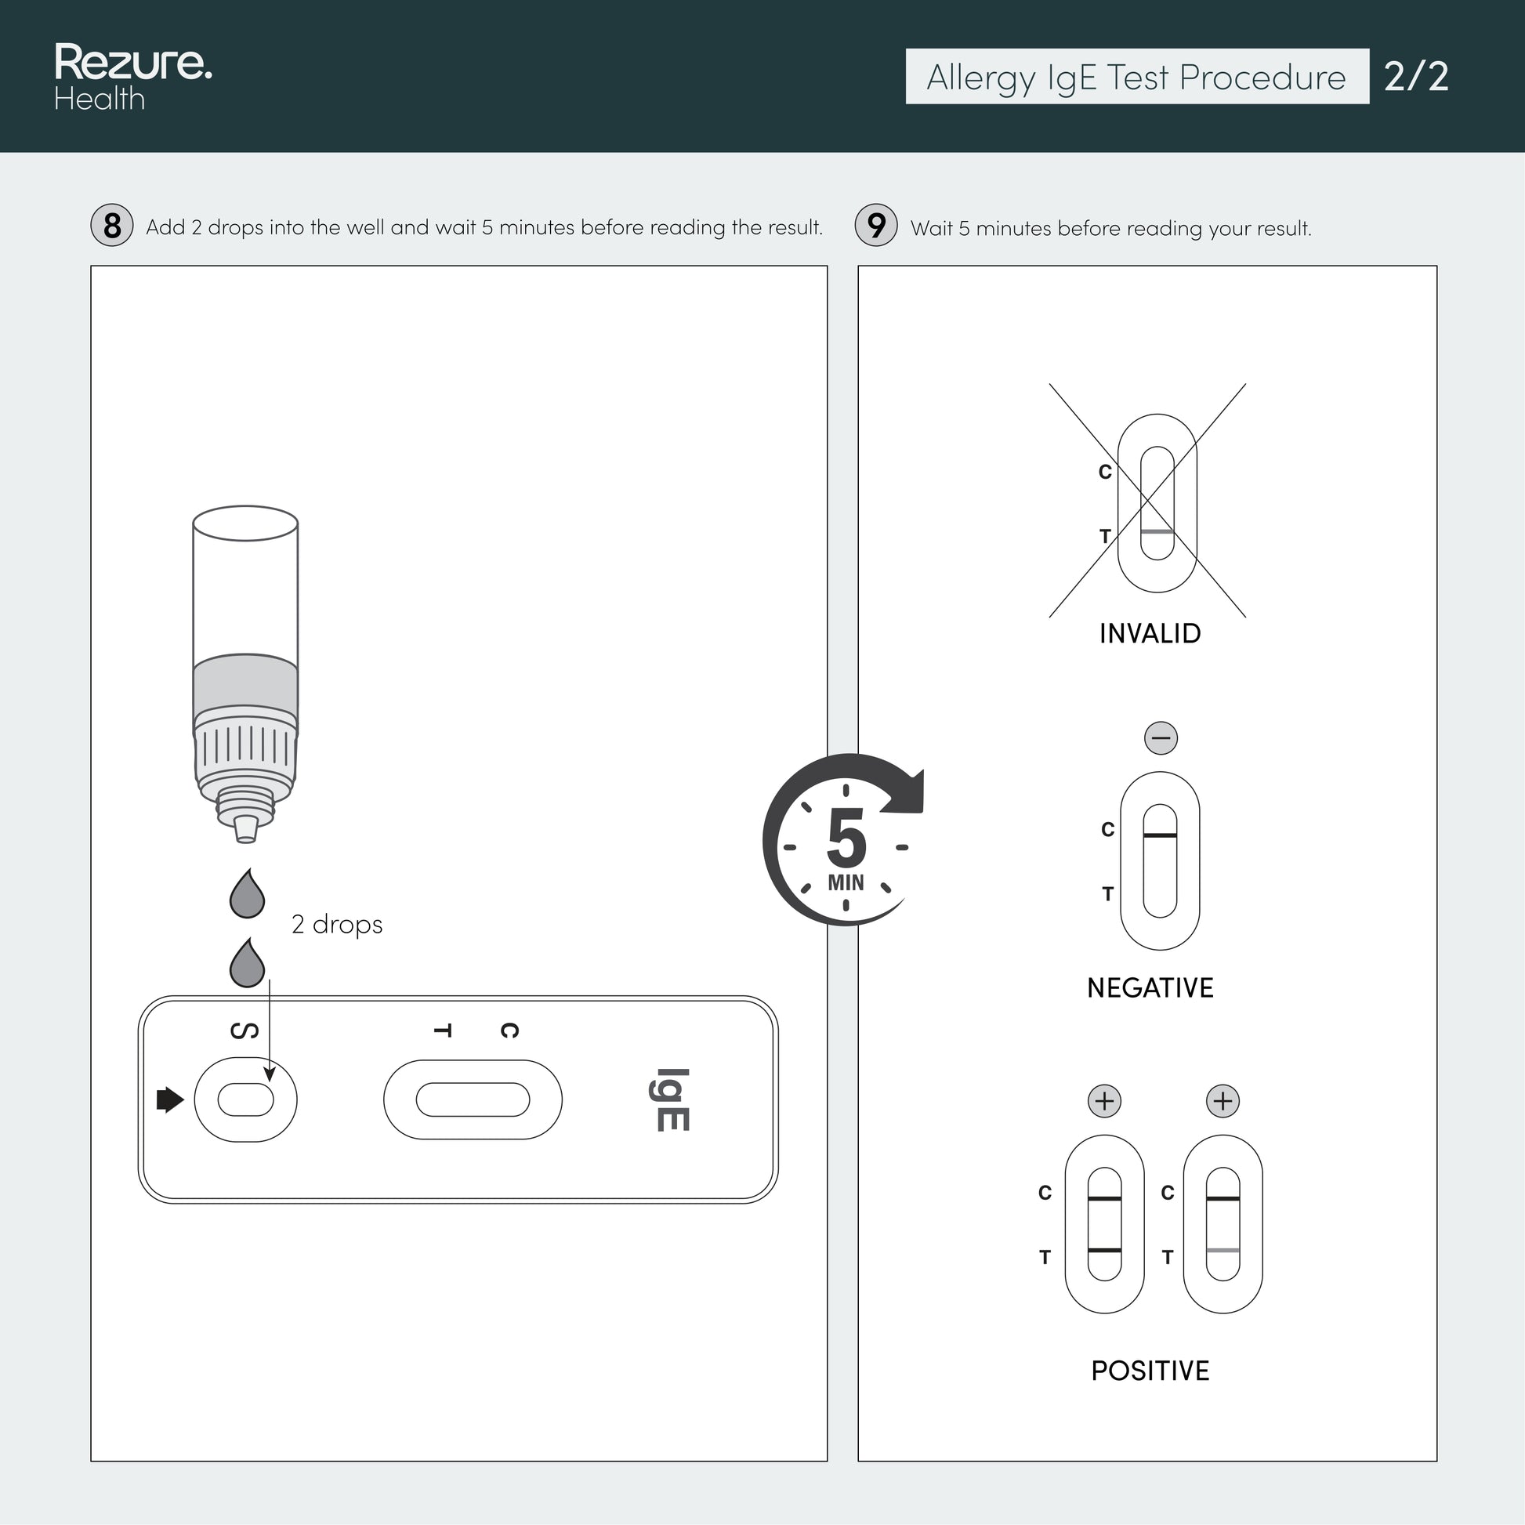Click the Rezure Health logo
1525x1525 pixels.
tap(132, 77)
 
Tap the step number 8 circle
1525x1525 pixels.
tap(112, 225)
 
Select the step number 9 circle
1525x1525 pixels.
tap(876, 225)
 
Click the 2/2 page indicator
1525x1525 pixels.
tap(1416, 77)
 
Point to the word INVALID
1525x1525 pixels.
tap(1150, 633)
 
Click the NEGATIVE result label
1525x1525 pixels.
tap(1150, 987)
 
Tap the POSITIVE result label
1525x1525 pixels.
tap(1150, 1371)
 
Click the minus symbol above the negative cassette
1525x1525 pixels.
tap(1161, 738)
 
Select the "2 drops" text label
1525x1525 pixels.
tap(337, 923)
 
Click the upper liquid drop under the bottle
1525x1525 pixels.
tap(247, 893)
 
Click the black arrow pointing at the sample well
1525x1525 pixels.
tap(171, 1099)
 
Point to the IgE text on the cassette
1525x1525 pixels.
tap(669, 1099)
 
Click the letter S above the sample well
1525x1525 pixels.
tap(244, 1031)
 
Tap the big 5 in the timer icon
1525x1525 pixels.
tap(846, 839)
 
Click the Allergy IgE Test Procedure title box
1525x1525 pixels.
tap(1136, 77)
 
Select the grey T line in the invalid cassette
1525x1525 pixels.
tap(1157, 531)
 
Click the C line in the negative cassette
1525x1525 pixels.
tap(1160, 835)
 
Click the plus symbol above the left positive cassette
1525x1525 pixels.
tap(1104, 1100)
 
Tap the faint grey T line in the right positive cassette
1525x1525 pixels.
tap(1223, 1250)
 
